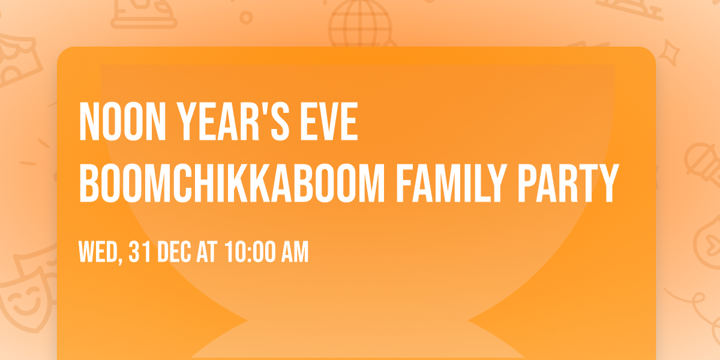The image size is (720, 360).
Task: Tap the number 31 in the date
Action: tap(139, 252)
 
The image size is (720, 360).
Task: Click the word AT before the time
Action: tap(207, 252)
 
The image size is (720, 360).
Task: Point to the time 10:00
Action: tap(250, 252)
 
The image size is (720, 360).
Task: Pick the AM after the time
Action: tap(295, 252)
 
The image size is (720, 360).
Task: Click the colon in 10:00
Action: tap(250, 253)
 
